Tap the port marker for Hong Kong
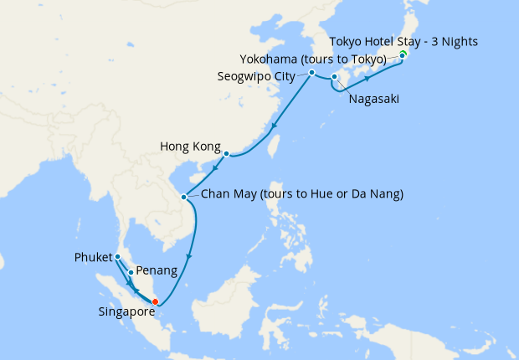pyautogui.click(x=226, y=154)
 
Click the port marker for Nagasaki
pyautogui.click(x=334, y=78)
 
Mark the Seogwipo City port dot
pyautogui.click(x=311, y=73)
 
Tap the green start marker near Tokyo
pyautogui.click(x=403, y=54)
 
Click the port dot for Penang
pyautogui.click(x=131, y=272)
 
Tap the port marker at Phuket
pyautogui.click(x=118, y=256)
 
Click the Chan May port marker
pyautogui.click(x=184, y=198)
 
